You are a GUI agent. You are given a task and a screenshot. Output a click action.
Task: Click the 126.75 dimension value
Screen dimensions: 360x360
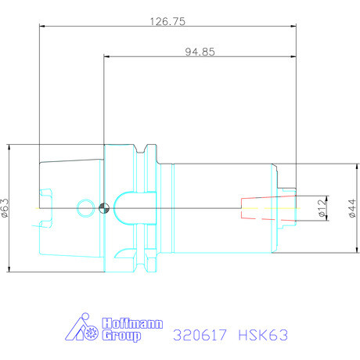[x=168, y=22]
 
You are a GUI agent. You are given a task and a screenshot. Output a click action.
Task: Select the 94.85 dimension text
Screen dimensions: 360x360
[x=200, y=52]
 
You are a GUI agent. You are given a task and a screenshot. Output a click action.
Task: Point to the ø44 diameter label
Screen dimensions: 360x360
[x=353, y=207]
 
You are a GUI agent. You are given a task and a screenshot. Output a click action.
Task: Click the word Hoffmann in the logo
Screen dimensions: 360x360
[x=129, y=322]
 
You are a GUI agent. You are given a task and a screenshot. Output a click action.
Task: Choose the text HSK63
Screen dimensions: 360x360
[x=263, y=335]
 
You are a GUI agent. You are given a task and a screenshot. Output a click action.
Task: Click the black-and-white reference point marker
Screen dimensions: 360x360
[x=105, y=207]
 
